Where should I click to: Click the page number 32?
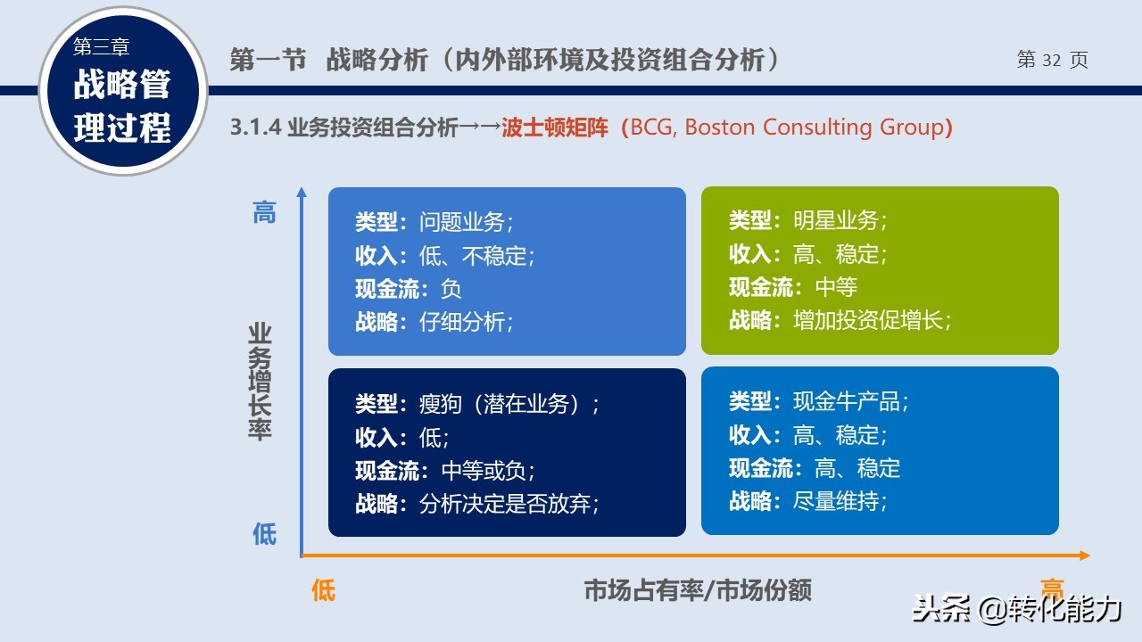point(1051,60)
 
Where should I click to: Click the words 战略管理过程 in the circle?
point(122,105)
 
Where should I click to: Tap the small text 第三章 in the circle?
point(101,47)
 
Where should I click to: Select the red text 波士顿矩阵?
point(555,128)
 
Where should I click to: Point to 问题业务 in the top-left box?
point(462,222)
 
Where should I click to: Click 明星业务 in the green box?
point(836,220)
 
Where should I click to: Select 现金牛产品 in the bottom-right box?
point(847,401)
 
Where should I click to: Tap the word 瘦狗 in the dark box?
point(441,404)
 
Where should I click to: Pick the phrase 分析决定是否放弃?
point(505,504)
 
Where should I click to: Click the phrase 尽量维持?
point(836,501)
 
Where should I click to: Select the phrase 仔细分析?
point(462,322)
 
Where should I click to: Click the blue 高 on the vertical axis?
point(265,212)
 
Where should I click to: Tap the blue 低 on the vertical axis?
point(265,534)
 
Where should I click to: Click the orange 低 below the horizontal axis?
point(323,590)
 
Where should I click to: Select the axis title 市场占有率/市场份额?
point(698,590)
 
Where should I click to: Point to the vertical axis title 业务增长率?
point(260,382)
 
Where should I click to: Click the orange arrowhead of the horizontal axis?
point(1085,556)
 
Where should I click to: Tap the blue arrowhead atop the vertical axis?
point(302,192)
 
